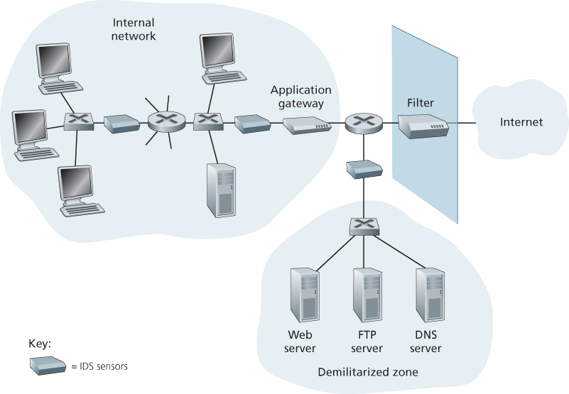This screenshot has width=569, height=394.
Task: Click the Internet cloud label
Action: (x=521, y=122)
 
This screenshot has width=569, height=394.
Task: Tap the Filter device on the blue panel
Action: (x=423, y=128)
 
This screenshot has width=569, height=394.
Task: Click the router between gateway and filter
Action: (x=363, y=124)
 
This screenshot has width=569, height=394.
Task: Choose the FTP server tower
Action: (x=366, y=292)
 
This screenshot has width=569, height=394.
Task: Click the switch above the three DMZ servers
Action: (x=364, y=226)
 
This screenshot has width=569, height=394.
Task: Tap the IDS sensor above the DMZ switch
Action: (x=364, y=168)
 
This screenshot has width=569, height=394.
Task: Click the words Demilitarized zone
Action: (x=368, y=371)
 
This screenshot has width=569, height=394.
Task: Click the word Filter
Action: (x=420, y=103)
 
